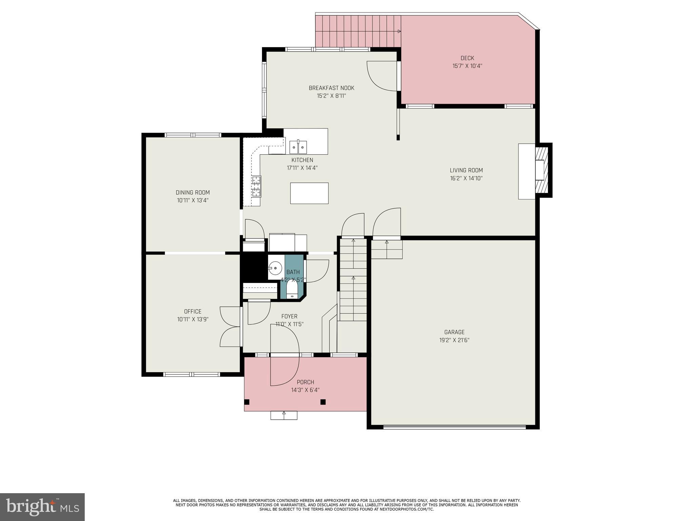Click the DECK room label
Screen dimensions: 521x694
point(467,58)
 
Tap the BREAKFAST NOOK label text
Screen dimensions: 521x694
point(331,88)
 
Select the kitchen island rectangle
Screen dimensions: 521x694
point(309,193)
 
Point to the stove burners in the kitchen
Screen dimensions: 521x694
point(257,187)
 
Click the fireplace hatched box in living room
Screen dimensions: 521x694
point(542,170)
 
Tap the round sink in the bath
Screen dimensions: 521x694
point(275,268)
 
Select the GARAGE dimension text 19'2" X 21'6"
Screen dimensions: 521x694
point(454,340)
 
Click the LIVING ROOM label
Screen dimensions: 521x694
point(466,171)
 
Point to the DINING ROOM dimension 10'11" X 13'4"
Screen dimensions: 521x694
point(192,200)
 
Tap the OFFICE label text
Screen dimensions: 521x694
point(192,311)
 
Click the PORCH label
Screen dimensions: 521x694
point(305,382)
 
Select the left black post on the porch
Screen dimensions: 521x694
point(247,402)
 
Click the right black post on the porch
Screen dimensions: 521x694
point(323,402)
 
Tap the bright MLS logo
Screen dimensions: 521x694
point(42,507)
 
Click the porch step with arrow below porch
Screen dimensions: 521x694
point(284,415)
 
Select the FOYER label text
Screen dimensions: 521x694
point(289,316)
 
